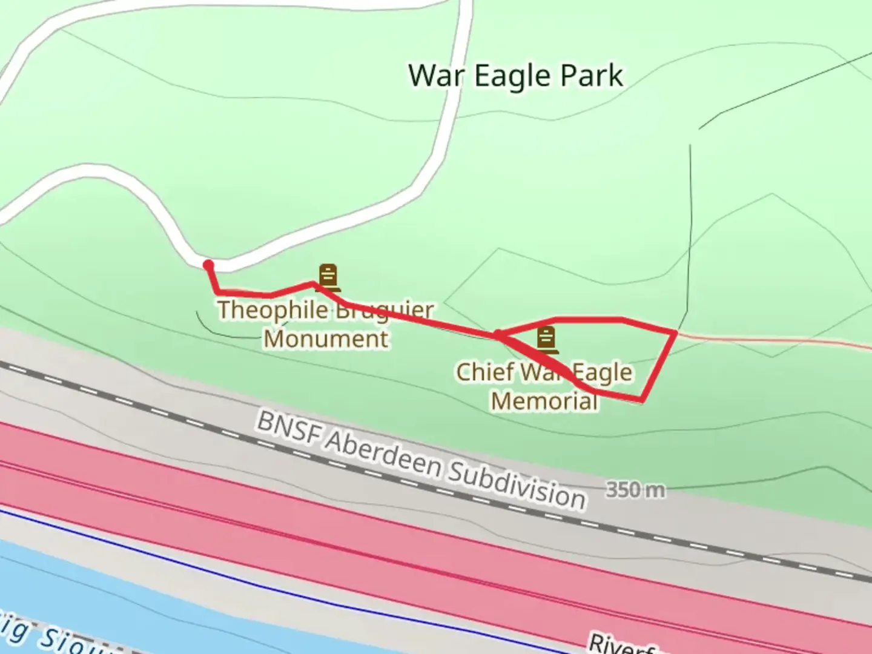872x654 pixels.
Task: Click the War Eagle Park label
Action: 515,76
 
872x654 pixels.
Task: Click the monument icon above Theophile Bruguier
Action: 328,277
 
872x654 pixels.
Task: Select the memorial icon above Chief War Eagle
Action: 546,340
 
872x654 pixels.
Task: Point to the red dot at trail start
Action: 208,265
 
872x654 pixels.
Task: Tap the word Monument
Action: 326,339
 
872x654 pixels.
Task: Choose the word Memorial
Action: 544,400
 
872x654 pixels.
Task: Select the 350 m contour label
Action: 635,489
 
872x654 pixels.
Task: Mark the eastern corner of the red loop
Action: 675,332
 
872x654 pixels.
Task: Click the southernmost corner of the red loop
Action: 641,400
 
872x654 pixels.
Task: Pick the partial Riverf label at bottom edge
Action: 621,644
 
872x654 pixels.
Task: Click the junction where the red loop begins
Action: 497,334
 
